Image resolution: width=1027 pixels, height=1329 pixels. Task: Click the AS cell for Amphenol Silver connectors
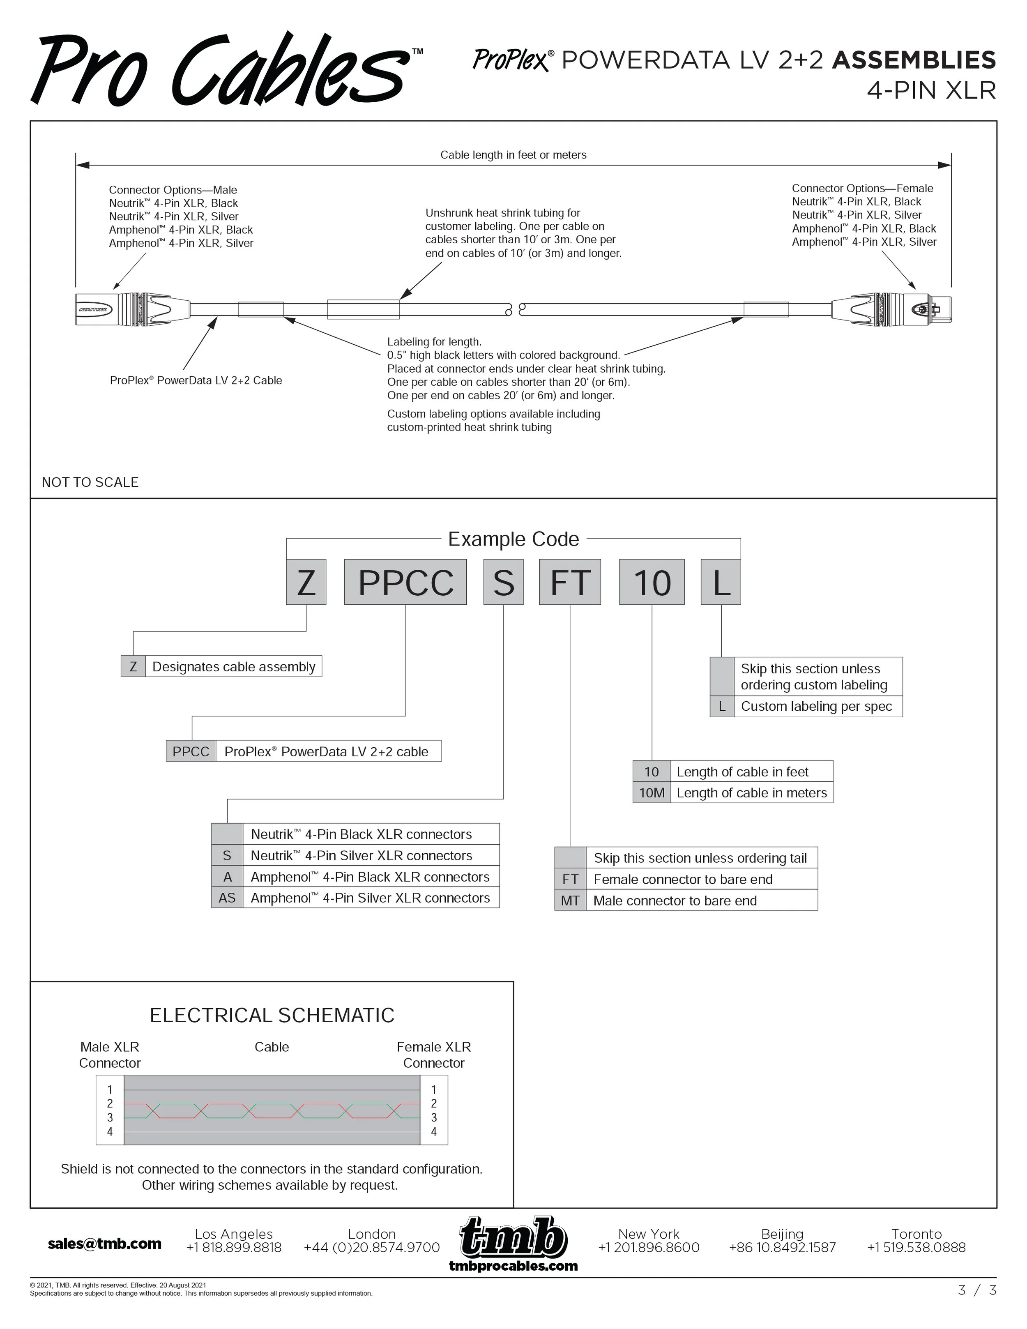pyautogui.click(x=227, y=898)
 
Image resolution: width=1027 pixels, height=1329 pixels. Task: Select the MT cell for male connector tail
pyautogui.click(x=570, y=901)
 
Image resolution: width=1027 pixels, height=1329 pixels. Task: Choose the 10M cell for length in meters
pyautogui.click(x=652, y=793)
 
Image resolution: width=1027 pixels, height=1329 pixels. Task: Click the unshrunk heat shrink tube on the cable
pyautogui.click(x=363, y=309)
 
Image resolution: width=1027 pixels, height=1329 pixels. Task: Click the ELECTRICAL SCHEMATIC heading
pyautogui.click(x=272, y=1016)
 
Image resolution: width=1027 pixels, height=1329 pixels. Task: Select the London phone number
pyautogui.click(x=372, y=1248)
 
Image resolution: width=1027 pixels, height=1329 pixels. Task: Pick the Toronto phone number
pyautogui.click(x=916, y=1248)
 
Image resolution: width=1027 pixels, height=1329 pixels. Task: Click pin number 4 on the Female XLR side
pyautogui.click(x=434, y=1132)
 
